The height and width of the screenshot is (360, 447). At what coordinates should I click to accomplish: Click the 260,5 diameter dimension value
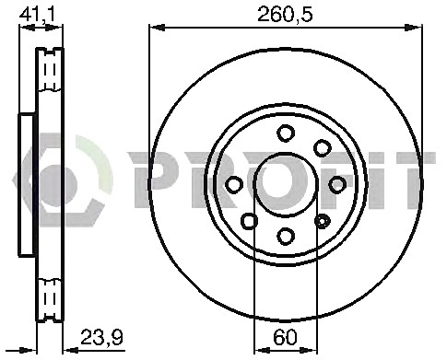click(x=285, y=15)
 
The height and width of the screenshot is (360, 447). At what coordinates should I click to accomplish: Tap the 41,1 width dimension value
click(x=37, y=15)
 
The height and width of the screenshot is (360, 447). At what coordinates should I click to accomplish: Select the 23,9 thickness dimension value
click(x=101, y=337)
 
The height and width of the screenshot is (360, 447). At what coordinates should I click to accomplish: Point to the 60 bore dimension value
click(x=286, y=337)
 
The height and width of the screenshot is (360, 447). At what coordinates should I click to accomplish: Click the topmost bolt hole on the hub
click(x=286, y=134)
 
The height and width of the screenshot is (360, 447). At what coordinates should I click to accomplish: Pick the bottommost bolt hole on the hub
click(x=286, y=237)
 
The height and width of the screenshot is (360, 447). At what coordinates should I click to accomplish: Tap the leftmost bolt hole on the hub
click(x=234, y=185)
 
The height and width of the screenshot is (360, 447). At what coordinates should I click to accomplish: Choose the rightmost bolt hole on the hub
click(x=337, y=185)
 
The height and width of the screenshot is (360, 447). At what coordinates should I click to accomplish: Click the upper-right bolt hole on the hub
click(x=323, y=148)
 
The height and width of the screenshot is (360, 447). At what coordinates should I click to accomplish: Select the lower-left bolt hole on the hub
click(x=249, y=221)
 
